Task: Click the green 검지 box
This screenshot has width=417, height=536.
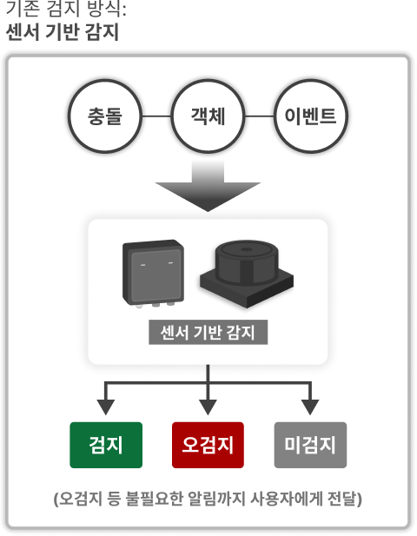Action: click(106, 445)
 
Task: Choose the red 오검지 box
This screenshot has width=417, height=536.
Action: click(208, 445)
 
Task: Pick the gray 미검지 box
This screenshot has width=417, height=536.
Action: click(310, 445)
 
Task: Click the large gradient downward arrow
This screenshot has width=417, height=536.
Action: click(208, 186)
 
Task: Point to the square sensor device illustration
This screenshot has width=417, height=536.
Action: click(154, 273)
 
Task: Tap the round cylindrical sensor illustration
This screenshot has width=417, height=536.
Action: click(247, 274)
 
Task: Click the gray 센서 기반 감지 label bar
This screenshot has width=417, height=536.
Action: click(208, 332)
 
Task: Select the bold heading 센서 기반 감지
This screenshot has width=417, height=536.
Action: click(63, 32)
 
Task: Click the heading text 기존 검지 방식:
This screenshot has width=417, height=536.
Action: click(66, 8)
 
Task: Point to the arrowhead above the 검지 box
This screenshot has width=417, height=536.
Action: click(106, 407)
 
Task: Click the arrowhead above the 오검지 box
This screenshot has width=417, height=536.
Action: click(208, 407)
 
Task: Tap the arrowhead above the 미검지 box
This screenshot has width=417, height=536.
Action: click(310, 407)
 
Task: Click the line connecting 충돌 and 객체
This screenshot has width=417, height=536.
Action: click(156, 116)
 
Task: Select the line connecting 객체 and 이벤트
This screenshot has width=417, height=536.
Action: click(260, 116)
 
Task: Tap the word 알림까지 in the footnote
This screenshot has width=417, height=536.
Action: click(216, 499)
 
